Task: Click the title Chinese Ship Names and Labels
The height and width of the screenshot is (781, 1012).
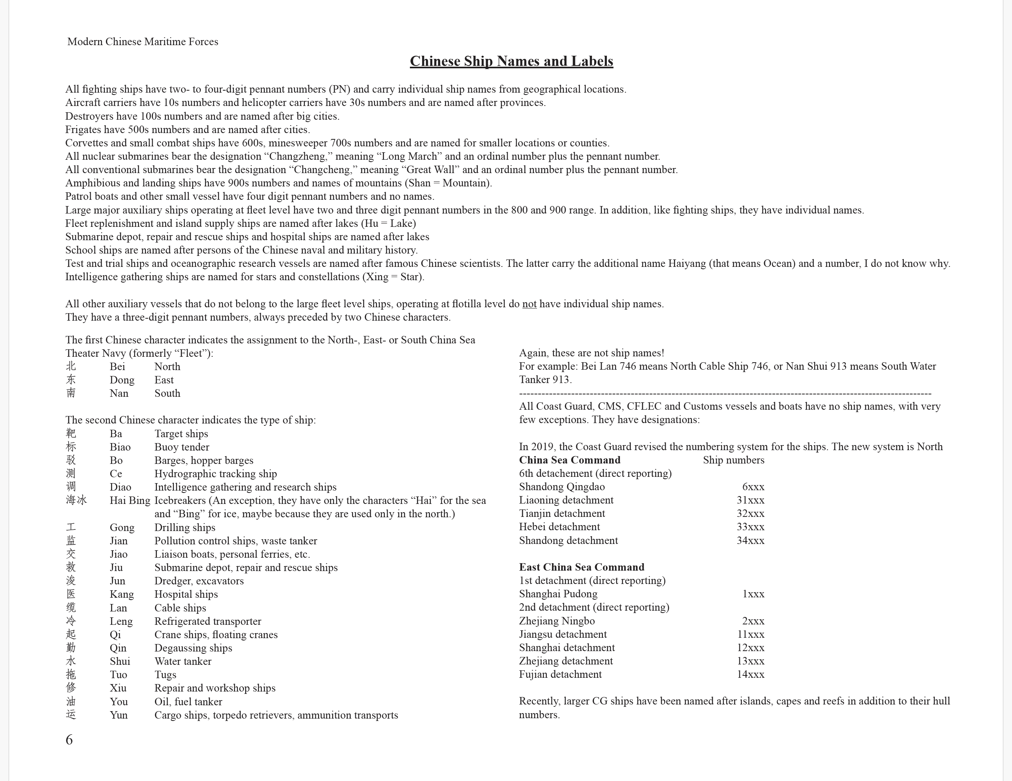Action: [x=511, y=61]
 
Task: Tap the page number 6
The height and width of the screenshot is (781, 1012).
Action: [x=69, y=739]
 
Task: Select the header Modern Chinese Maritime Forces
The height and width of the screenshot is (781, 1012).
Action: [x=143, y=42]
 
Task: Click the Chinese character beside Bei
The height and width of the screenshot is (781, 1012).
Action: [x=71, y=367]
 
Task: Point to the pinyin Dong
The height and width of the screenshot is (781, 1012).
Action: [x=122, y=380]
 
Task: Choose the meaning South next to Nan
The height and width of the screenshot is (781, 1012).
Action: [x=167, y=394]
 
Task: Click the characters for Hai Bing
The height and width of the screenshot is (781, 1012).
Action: [x=76, y=500]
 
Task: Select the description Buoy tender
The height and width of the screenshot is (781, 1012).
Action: [x=182, y=447]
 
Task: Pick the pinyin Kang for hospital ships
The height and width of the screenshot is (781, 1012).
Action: [x=122, y=594]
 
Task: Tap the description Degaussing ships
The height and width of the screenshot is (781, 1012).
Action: [x=193, y=648]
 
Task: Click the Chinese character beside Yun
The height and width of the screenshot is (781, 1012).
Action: [x=71, y=715]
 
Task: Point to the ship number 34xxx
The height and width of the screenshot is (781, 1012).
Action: [x=750, y=540]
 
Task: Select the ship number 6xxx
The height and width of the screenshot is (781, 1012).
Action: [x=753, y=487]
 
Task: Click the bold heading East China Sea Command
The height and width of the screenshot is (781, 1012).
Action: [x=582, y=568]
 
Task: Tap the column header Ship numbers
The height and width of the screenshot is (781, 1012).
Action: [x=734, y=460]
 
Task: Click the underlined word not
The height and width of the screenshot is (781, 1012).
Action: [x=529, y=304]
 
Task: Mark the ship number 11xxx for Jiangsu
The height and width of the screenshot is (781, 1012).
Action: [x=750, y=635]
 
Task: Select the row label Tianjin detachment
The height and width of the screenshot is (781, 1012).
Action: [x=562, y=514]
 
